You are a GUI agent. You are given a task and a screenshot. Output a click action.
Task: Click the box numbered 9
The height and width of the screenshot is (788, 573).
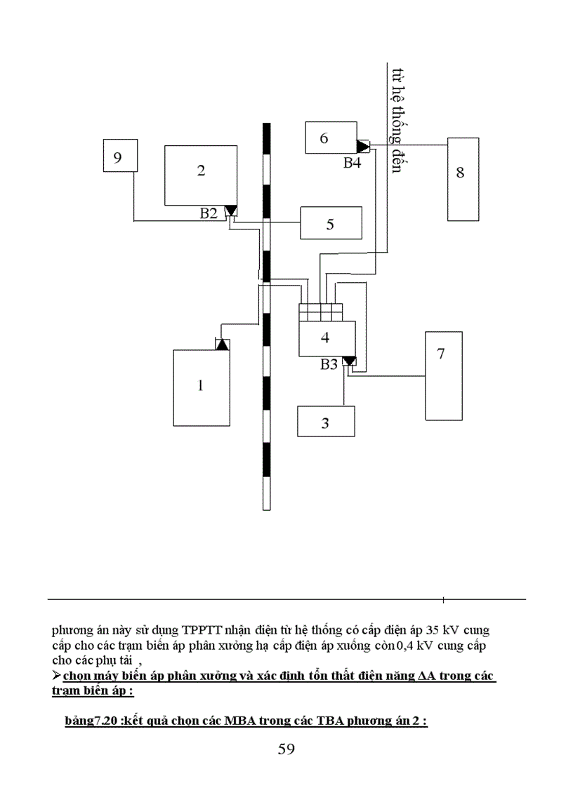pyautogui.click(x=119, y=155)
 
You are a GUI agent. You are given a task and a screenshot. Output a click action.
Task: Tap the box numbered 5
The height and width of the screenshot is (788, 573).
pyautogui.click(x=331, y=224)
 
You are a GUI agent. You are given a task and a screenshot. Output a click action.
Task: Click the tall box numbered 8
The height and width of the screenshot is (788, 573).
pyautogui.click(x=463, y=179)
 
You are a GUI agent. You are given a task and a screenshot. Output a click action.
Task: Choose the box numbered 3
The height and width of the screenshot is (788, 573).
pyautogui.click(x=326, y=422)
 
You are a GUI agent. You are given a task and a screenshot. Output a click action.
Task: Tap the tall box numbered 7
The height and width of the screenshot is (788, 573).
pyautogui.click(x=443, y=375)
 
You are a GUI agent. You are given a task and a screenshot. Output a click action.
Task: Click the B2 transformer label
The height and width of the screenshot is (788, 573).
pyautogui.click(x=209, y=213)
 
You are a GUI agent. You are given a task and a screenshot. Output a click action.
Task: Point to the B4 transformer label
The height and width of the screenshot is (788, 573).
pyautogui.click(x=353, y=163)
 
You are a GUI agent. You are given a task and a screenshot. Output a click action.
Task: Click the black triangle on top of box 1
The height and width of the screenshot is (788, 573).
pyautogui.click(x=222, y=345)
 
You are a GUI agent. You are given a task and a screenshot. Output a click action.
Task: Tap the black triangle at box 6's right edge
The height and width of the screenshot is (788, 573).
pyautogui.click(x=363, y=147)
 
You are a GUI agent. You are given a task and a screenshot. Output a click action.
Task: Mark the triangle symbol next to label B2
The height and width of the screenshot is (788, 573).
pyautogui.click(x=230, y=211)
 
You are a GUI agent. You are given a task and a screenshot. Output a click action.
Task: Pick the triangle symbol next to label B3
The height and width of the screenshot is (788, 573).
pyautogui.click(x=348, y=362)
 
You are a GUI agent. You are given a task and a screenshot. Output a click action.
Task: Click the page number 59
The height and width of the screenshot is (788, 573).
pyautogui.click(x=286, y=749)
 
